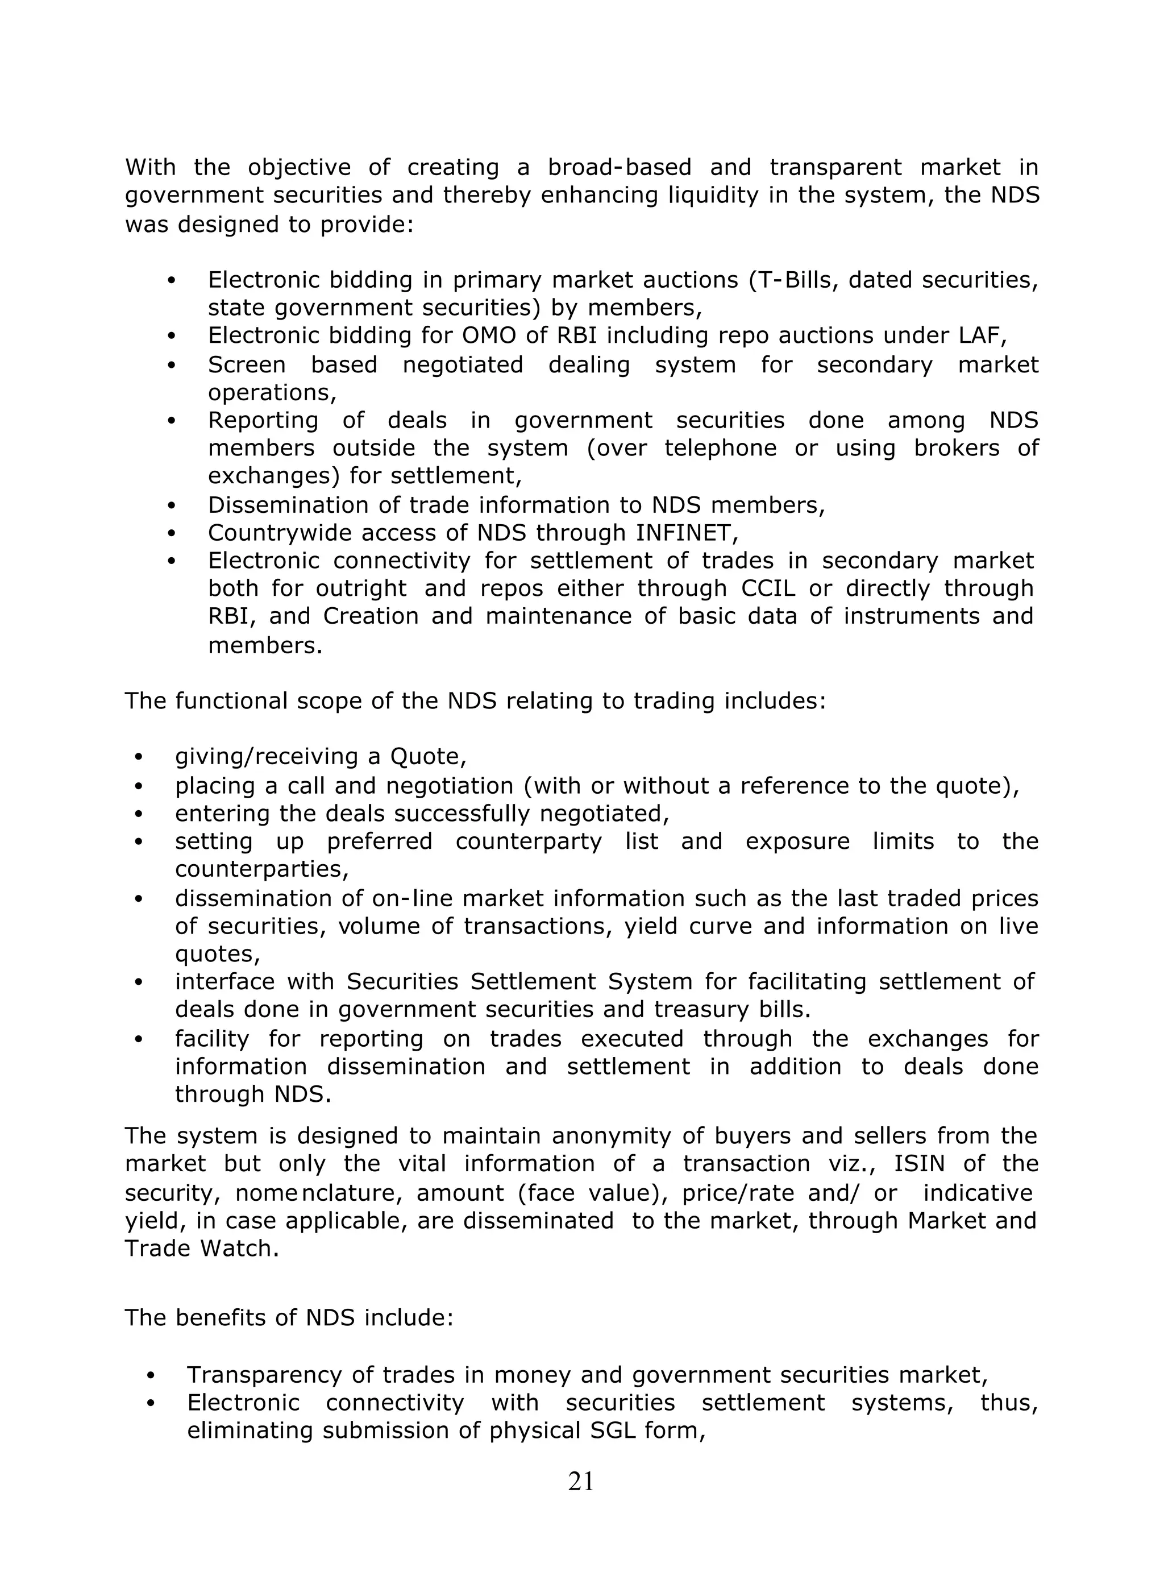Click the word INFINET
(x=686, y=533)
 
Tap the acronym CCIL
(x=767, y=588)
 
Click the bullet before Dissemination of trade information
(x=171, y=506)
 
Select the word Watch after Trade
(x=239, y=1248)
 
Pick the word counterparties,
(x=261, y=869)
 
